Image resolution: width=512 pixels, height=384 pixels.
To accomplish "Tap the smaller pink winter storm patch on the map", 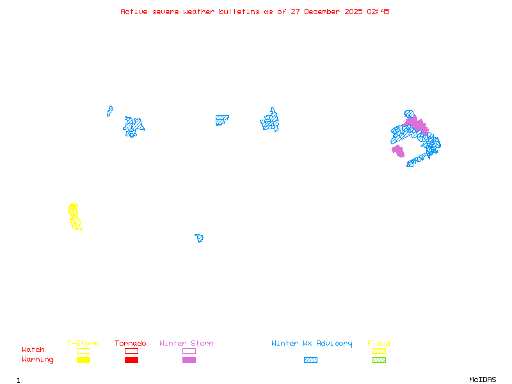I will pos(398,151).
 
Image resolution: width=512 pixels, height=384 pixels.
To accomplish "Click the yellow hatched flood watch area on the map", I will pos(75,217).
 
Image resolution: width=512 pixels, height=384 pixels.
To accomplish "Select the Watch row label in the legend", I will pos(33,350).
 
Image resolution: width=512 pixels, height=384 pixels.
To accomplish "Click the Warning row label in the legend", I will pos(38,360).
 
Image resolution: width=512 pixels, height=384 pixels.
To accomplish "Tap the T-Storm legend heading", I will pos(83,344).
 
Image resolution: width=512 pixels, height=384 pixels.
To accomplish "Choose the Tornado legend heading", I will pos(131,344).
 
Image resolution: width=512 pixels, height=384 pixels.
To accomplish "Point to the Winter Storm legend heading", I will pos(186,344).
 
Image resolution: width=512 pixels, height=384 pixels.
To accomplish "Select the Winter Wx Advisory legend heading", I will pos(312,344).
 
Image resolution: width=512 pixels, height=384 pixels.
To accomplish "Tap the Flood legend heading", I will pos(379,344).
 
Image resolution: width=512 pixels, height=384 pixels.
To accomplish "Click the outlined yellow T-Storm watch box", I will pos(83,351).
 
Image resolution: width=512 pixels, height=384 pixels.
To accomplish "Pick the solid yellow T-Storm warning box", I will pos(83,360).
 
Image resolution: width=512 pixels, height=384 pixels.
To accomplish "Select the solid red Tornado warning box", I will pos(131,360).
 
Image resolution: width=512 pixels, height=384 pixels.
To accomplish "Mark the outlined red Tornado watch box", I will pos(131,351).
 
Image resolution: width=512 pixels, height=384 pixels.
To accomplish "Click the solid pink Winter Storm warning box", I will pos(189,360).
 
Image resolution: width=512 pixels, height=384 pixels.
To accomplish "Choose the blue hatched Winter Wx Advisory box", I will pos(310,360).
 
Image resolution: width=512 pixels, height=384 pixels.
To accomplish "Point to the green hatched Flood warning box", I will pos(379,360).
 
